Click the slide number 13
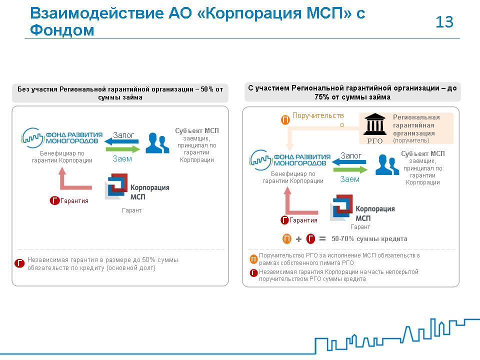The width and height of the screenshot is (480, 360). (444, 22)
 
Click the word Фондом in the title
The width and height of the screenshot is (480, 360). (62, 30)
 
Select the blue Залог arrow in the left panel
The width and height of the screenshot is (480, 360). (121, 141)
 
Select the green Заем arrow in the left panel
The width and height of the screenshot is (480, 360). (123, 149)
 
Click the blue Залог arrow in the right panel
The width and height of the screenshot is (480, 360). (349, 162)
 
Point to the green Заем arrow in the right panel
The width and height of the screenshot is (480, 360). (350, 170)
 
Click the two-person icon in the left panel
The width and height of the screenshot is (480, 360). (157, 143)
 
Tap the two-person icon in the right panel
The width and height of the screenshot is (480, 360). (387, 164)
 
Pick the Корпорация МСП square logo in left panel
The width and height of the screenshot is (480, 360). (116, 186)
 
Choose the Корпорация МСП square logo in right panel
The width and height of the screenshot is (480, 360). (341, 207)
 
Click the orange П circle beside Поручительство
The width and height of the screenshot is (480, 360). (285, 119)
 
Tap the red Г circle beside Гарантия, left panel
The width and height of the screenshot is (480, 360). (54, 200)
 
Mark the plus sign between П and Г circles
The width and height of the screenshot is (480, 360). (299, 239)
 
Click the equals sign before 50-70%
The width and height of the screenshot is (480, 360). (322, 238)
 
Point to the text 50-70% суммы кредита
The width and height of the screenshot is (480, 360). (369, 239)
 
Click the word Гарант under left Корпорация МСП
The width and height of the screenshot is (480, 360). (131, 210)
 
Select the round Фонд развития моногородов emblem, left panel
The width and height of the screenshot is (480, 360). (32, 138)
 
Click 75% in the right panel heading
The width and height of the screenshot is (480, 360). (321, 97)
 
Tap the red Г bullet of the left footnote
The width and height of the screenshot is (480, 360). (19, 263)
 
